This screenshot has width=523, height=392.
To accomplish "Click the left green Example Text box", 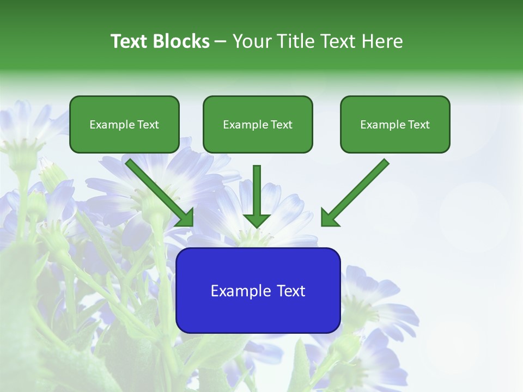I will coord(124,125).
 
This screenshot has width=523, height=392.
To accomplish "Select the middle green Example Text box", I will coord(258,125).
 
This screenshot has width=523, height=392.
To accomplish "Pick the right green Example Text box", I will coord(395,125).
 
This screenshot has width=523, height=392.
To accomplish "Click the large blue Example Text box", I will coord(258,291).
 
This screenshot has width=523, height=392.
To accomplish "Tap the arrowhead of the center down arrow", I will coord(257,220).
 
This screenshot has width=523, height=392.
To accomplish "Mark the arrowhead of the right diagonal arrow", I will coord(329,218).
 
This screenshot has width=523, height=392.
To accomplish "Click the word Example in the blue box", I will coord(240,291).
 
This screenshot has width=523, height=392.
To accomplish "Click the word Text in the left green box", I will coord(148,125).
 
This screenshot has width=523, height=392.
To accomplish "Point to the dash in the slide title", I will coord(221,42).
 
